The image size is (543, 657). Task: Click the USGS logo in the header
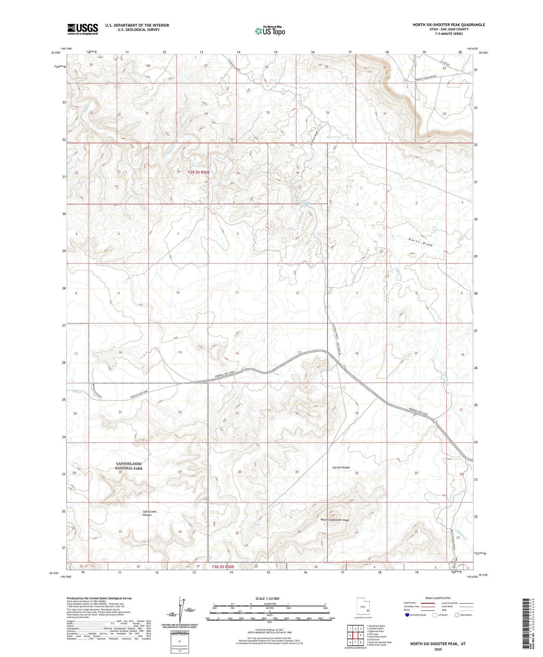pyautogui.click(x=83, y=29)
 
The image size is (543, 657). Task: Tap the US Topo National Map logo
pyautogui.click(x=270, y=31)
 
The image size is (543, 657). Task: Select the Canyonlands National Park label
pyautogui.click(x=129, y=466)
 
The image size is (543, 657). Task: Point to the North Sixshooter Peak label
pyautogui.click(x=335, y=520)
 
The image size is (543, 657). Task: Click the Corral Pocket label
pyautogui.click(x=341, y=467)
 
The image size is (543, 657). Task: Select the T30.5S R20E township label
pyautogui.click(x=223, y=566)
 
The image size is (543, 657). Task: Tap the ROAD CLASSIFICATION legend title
pyautogui.click(x=438, y=598)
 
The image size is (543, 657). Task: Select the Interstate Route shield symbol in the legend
pyautogui.click(x=407, y=615)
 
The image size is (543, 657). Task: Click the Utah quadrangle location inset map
pyautogui.click(x=363, y=607)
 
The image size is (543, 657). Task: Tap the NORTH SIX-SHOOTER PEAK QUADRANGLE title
pyautogui.click(x=449, y=25)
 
